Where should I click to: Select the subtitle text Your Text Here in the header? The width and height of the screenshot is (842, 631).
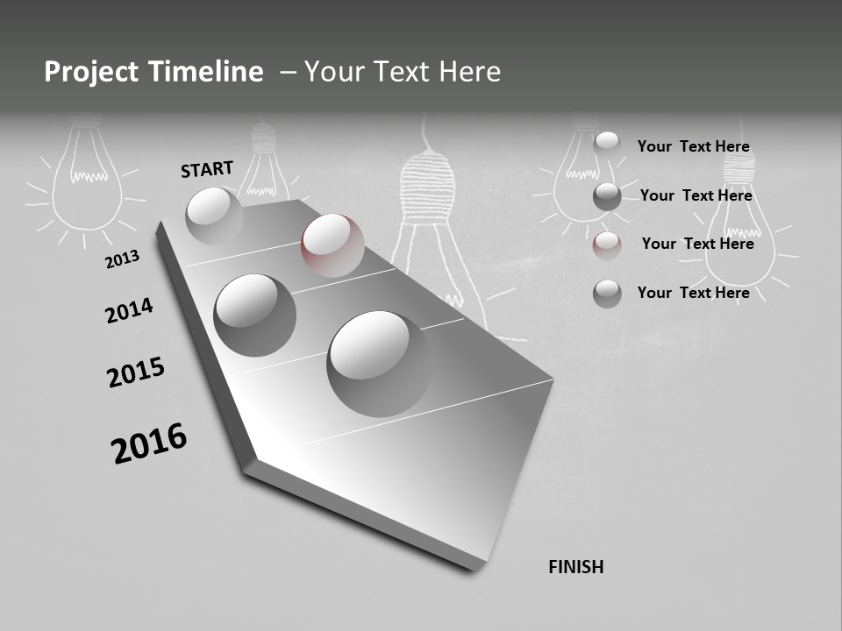click(403, 72)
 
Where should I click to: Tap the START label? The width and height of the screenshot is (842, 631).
click(207, 169)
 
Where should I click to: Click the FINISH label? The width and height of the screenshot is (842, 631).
click(575, 567)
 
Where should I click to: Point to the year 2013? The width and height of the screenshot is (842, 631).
click(122, 259)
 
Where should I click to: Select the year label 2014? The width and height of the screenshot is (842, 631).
click(129, 310)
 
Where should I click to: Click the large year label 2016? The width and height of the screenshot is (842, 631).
click(149, 443)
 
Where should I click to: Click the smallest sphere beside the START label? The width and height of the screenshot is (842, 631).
click(214, 216)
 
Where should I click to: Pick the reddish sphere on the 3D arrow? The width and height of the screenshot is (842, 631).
click(332, 245)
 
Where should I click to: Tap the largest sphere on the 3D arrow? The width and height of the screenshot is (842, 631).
click(380, 363)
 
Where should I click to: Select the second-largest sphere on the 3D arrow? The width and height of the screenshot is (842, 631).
click(254, 315)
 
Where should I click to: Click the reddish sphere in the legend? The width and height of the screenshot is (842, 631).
click(607, 245)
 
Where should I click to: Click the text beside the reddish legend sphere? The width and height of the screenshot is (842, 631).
click(697, 244)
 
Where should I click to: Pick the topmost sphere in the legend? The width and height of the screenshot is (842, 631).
click(607, 145)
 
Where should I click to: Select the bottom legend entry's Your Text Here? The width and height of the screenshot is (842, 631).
click(693, 293)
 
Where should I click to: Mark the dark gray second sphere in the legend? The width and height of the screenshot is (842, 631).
click(607, 197)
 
